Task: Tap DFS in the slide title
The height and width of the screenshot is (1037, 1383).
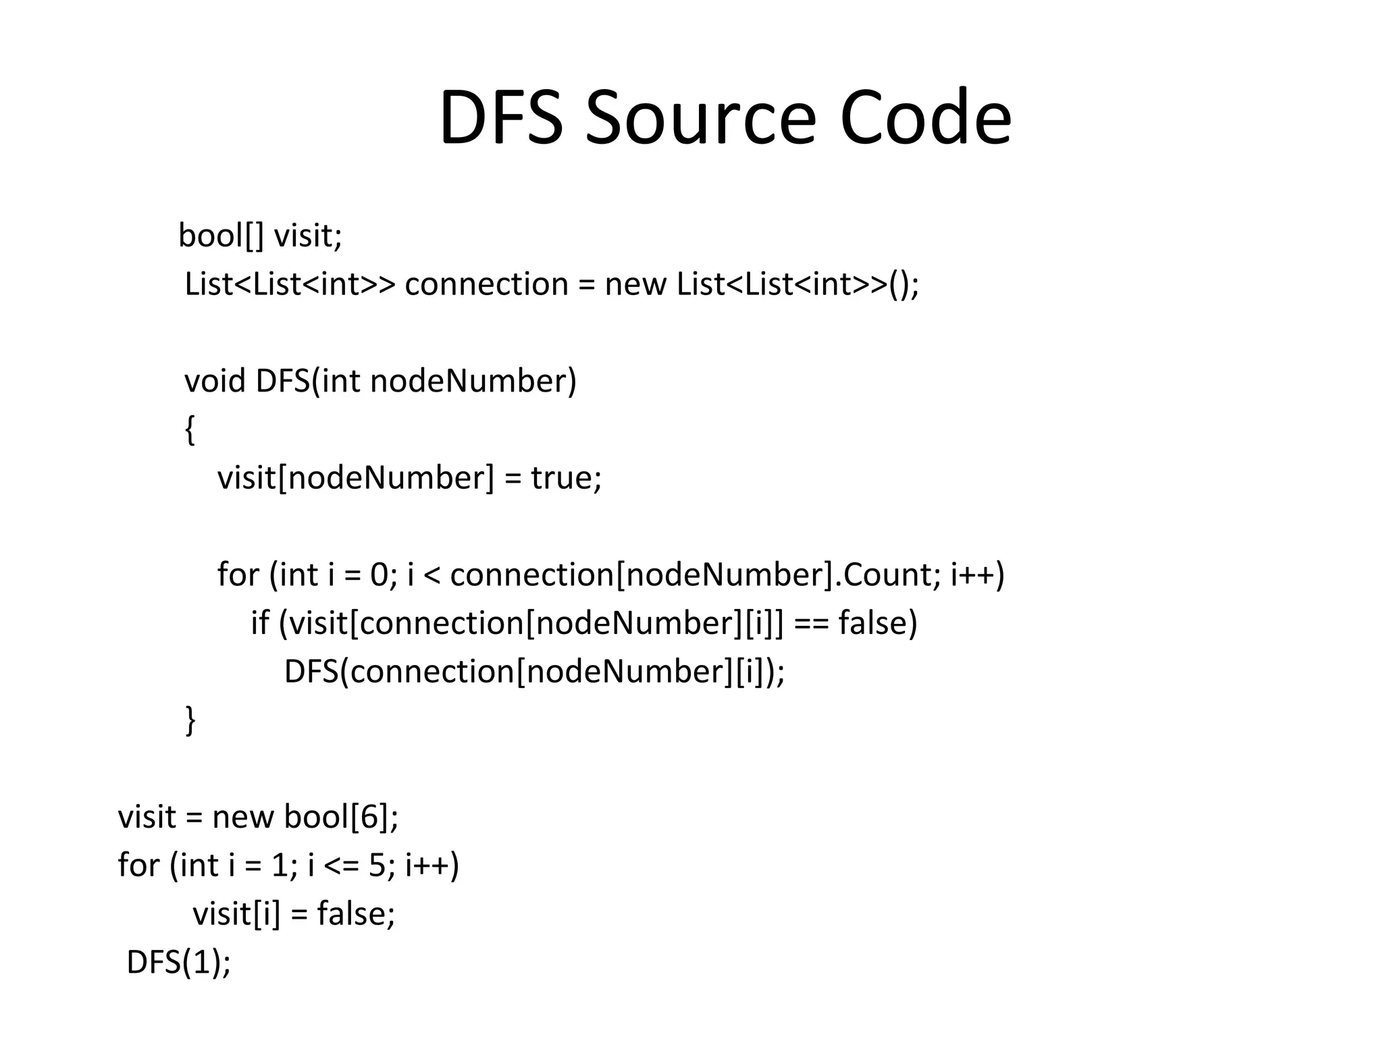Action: point(501,118)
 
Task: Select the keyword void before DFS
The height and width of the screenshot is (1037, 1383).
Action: point(215,381)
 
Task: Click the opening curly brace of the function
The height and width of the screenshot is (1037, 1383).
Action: point(190,430)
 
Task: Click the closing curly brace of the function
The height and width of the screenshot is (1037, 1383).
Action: point(190,720)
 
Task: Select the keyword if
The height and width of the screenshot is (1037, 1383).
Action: point(260,622)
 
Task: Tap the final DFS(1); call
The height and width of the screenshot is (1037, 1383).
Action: point(178,962)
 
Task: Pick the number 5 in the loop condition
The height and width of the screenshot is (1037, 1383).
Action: point(377,866)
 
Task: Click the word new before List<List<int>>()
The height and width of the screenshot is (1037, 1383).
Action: point(635,284)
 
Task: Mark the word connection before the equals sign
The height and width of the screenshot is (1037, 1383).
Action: point(486,284)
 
